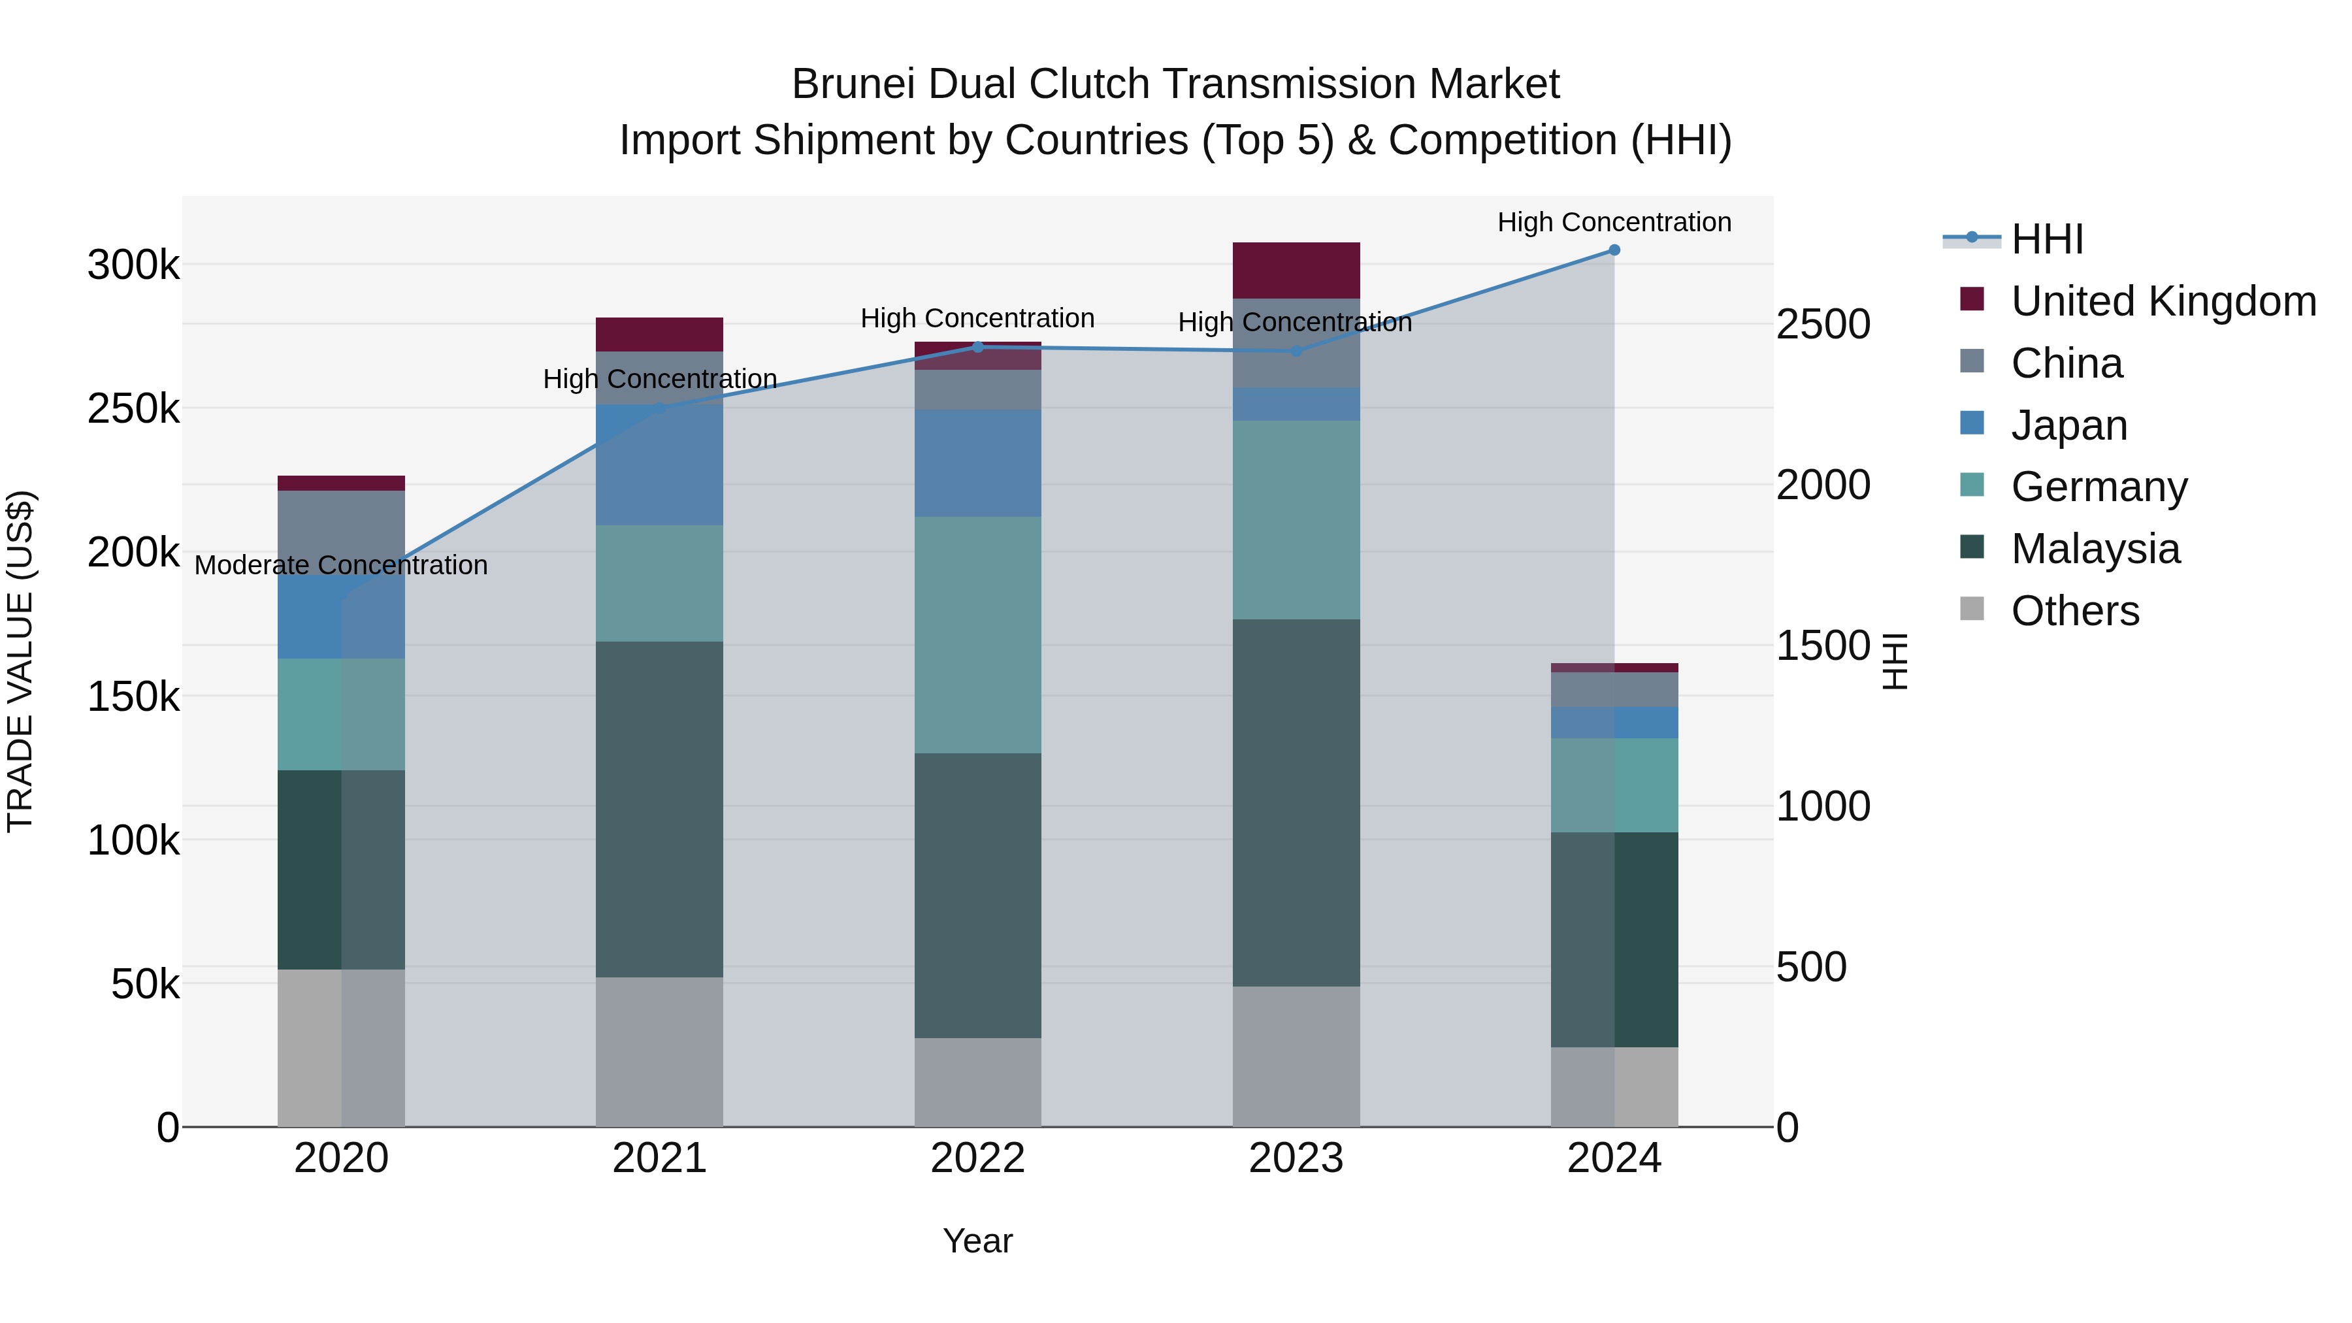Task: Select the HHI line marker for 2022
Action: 978,347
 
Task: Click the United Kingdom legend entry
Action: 2162,301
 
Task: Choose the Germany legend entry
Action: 2098,487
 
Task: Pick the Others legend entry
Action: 2074,611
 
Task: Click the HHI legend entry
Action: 2046,239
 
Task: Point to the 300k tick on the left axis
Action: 133,266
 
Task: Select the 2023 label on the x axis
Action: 1296,1158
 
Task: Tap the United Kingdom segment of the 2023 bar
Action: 1296,270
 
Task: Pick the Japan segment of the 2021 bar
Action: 659,466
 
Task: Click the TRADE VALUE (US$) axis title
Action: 20,661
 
